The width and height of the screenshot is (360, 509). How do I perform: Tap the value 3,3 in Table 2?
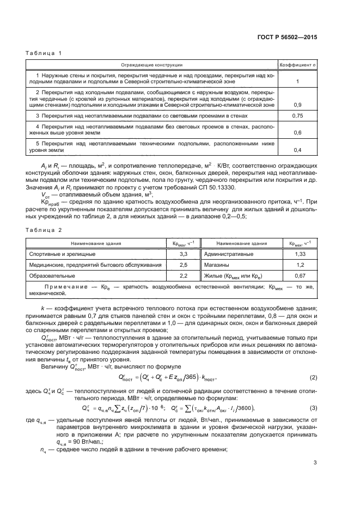pos(184,254)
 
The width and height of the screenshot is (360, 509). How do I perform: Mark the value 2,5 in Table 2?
pos(184,265)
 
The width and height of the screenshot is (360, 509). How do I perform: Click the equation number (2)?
pos(313,377)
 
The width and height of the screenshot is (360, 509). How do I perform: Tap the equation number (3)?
pos(313,408)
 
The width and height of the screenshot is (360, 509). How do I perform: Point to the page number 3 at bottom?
pos(315,463)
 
